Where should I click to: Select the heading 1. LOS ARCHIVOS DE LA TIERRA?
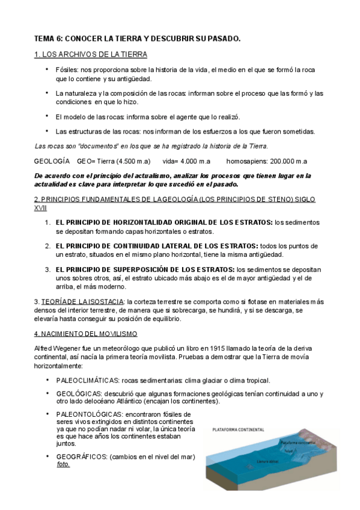[90, 54]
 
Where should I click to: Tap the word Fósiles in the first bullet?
[67, 70]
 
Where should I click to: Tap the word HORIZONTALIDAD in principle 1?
[135, 223]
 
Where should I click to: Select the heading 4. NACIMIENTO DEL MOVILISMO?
[85, 333]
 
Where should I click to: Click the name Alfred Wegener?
[58, 349]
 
